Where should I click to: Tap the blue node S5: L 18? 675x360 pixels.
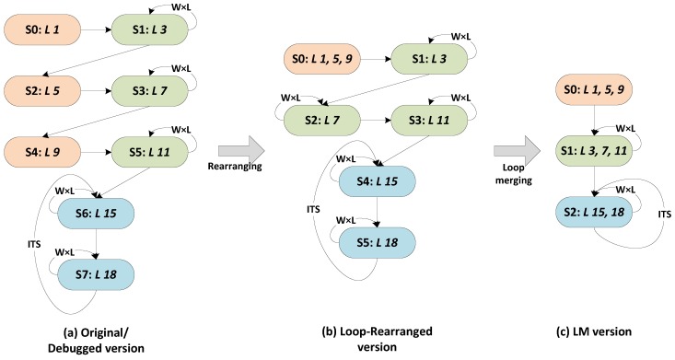[378, 243]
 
